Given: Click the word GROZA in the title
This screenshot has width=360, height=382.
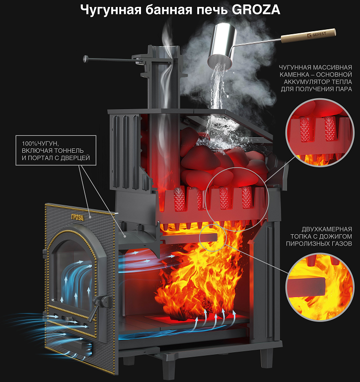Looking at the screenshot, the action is [256, 10].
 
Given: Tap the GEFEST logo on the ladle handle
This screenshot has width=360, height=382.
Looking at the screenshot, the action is [317, 34].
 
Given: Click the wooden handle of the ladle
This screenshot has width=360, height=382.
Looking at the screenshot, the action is [308, 36].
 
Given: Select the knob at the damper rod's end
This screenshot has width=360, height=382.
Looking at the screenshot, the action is [86, 59].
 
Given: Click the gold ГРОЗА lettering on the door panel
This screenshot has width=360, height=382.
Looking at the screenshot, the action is [77, 217].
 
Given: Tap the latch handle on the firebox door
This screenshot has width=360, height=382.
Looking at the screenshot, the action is [99, 305].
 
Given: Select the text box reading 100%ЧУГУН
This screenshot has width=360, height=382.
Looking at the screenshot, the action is [56, 150].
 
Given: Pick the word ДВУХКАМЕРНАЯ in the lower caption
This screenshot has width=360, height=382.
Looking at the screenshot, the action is [327, 229].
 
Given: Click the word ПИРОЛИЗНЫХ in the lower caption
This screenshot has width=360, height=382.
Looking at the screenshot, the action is [309, 244].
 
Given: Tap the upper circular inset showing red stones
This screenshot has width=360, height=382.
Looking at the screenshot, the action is [319, 133].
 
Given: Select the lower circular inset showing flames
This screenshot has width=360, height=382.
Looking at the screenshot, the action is [319, 287].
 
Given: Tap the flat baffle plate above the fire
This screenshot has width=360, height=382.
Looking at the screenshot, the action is [189, 237].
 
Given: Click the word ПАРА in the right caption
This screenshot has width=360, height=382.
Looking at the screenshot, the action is [344, 89].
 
